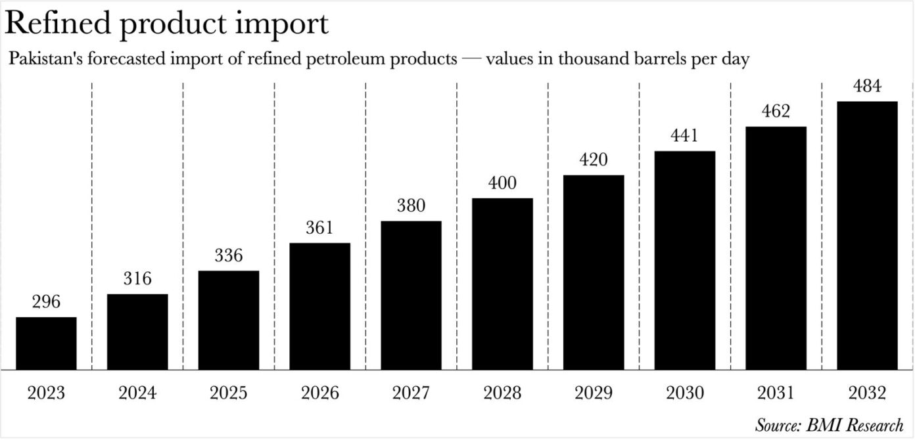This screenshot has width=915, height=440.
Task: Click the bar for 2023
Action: point(46,343)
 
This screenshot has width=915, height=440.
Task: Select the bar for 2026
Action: point(320,306)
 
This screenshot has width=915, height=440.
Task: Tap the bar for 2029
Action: point(594,272)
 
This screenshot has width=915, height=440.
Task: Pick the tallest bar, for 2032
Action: point(867,235)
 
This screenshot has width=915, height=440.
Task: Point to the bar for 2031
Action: point(776,248)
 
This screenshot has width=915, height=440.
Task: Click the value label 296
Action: point(46,302)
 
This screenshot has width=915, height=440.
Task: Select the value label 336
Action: point(229,255)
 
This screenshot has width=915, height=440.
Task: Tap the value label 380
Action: point(411,206)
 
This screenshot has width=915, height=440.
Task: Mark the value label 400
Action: point(502,183)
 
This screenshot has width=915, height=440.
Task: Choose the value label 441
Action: point(684,136)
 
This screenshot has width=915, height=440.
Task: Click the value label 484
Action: point(867,86)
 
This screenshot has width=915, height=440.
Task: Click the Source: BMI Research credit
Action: point(829,424)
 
